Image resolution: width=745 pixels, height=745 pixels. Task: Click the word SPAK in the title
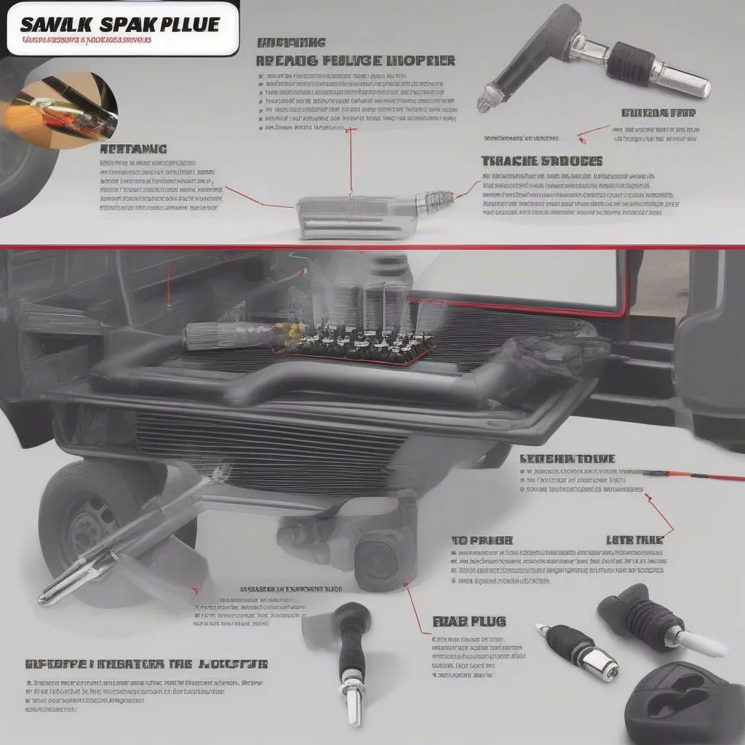pyautogui.click(x=122, y=23)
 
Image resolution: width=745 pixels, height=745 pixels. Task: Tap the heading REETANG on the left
pyautogui.click(x=132, y=148)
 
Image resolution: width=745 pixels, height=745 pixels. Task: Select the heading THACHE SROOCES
pyautogui.click(x=541, y=161)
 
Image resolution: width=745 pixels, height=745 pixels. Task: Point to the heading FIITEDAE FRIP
pyautogui.click(x=658, y=113)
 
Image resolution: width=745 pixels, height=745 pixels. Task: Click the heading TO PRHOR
pyautogui.click(x=482, y=541)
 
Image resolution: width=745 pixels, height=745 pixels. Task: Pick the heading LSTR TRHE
pyautogui.click(x=634, y=541)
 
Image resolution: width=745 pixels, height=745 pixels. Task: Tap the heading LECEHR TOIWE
pyautogui.click(x=567, y=459)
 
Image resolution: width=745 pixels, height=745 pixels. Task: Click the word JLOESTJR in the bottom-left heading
pyautogui.click(x=231, y=664)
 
